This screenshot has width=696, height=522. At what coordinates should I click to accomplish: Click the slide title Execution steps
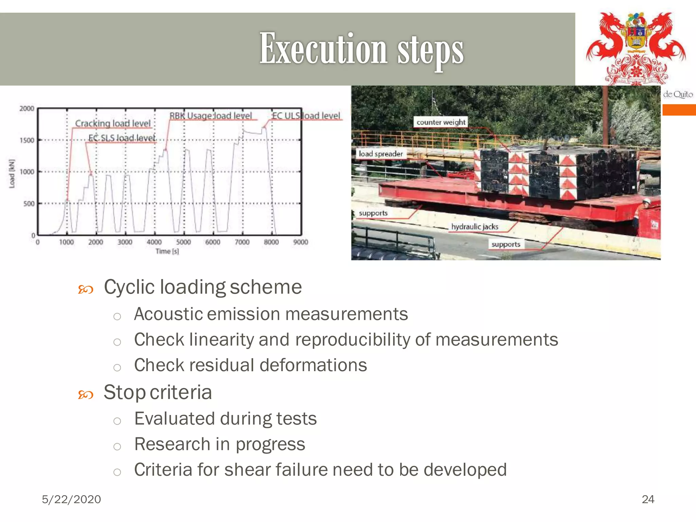(x=361, y=49)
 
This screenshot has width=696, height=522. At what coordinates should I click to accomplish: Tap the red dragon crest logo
(x=636, y=48)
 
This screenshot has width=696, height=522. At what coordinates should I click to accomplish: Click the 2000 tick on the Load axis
(x=27, y=108)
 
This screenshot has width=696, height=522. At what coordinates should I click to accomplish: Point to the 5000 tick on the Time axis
(x=184, y=242)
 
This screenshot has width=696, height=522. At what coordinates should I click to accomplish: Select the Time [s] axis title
(x=167, y=251)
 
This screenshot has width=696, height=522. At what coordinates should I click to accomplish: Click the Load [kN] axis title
(x=12, y=173)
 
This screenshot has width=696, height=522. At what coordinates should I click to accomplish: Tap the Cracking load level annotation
(x=113, y=123)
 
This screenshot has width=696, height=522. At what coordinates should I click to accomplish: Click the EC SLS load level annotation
(x=122, y=138)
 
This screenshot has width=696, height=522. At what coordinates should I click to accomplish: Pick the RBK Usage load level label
(x=211, y=116)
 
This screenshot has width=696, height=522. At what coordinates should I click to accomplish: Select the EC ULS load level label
(x=306, y=116)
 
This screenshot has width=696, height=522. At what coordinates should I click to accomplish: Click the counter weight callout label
(x=441, y=122)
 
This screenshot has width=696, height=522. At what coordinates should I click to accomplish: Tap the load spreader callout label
(x=381, y=154)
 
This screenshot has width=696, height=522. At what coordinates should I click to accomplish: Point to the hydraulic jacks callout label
(x=474, y=227)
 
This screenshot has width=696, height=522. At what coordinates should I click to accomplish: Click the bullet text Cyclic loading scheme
(x=203, y=287)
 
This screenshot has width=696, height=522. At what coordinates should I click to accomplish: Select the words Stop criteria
(x=158, y=393)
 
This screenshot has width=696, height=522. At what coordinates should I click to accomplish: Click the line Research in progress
(x=220, y=444)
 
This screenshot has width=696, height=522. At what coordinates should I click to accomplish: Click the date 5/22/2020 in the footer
(x=71, y=499)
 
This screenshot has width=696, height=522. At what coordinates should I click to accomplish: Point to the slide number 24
(x=648, y=499)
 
